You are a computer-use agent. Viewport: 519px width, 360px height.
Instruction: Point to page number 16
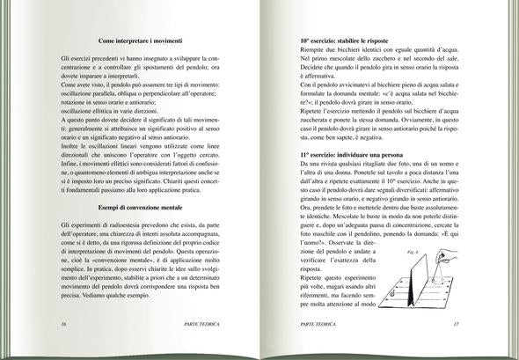pos(63,324)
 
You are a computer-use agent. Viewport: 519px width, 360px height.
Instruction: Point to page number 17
pos(456,324)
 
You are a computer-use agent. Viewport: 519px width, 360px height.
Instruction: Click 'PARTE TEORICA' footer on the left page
pos(202,324)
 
